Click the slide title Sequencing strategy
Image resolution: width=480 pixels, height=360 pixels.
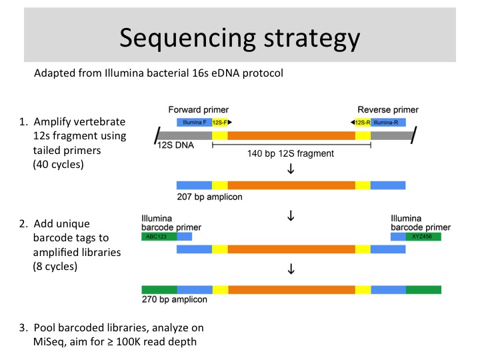point(239,37)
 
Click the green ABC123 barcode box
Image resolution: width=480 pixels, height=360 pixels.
point(159,236)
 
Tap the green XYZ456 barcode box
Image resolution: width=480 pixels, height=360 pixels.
point(423,236)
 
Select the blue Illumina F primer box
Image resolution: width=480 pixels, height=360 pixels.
point(193,123)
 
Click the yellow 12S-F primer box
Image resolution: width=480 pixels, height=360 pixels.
point(219,123)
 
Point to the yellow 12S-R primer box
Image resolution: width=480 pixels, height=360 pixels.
point(363,123)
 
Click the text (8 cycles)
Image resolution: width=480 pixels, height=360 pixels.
point(56,267)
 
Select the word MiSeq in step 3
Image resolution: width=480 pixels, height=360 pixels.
point(51,341)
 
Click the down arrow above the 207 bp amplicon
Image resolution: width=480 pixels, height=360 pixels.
point(291,169)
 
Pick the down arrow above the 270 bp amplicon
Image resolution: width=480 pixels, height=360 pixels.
point(291,270)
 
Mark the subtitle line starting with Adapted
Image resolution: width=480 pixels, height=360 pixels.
point(159,73)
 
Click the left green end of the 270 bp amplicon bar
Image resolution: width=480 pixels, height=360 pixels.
point(159,289)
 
